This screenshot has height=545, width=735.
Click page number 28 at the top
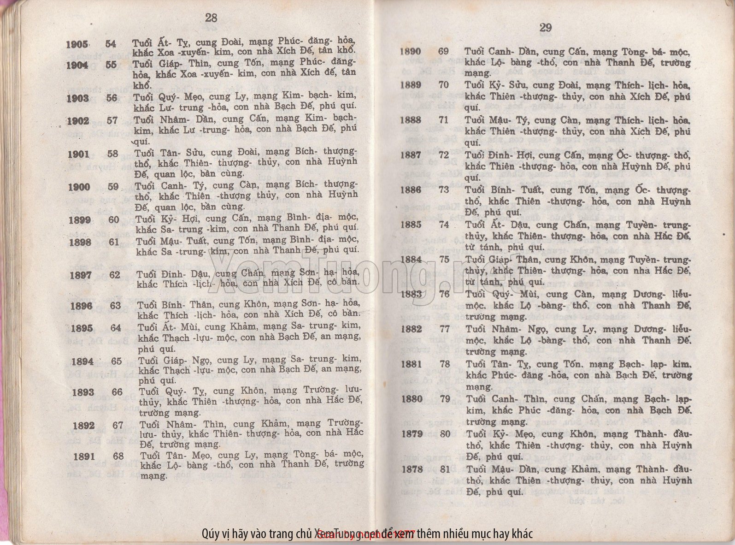point(211,18)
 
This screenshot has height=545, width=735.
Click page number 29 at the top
point(545,28)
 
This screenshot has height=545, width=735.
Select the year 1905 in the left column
point(77,45)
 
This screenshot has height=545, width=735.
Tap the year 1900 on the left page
point(79,187)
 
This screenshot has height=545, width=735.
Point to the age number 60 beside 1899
point(114,219)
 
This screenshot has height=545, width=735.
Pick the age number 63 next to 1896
point(115,305)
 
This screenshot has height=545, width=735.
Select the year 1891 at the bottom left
point(84,456)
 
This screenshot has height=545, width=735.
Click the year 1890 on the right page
point(410,51)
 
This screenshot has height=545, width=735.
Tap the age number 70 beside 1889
point(443,85)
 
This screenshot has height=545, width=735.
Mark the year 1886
point(411,190)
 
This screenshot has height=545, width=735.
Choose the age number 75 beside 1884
point(444,259)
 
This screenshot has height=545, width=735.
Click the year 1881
point(412,364)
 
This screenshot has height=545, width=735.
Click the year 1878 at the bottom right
point(412,469)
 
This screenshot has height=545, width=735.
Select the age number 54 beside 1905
point(111,44)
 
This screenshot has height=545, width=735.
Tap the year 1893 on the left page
point(83,392)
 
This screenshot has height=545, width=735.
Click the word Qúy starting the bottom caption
point(210,534)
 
